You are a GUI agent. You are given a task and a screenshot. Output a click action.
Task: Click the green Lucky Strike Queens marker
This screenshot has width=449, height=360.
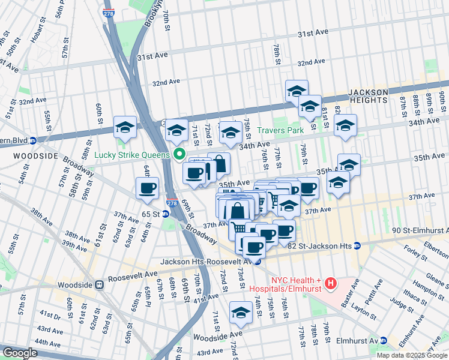point(179,154)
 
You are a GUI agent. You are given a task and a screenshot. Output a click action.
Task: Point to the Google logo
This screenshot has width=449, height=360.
point(20,353)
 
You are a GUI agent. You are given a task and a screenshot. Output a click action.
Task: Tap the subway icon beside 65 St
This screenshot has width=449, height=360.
point(166,214)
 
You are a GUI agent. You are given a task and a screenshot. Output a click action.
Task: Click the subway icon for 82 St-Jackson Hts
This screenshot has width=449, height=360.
point(357,245)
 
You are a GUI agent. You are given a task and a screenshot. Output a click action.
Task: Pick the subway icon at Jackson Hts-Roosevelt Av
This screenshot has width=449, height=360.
point(258,261)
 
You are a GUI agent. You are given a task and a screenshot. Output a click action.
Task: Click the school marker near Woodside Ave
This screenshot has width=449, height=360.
point(241,312)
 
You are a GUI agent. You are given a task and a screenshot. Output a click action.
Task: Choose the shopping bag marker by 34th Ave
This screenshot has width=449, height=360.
point(220,164)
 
